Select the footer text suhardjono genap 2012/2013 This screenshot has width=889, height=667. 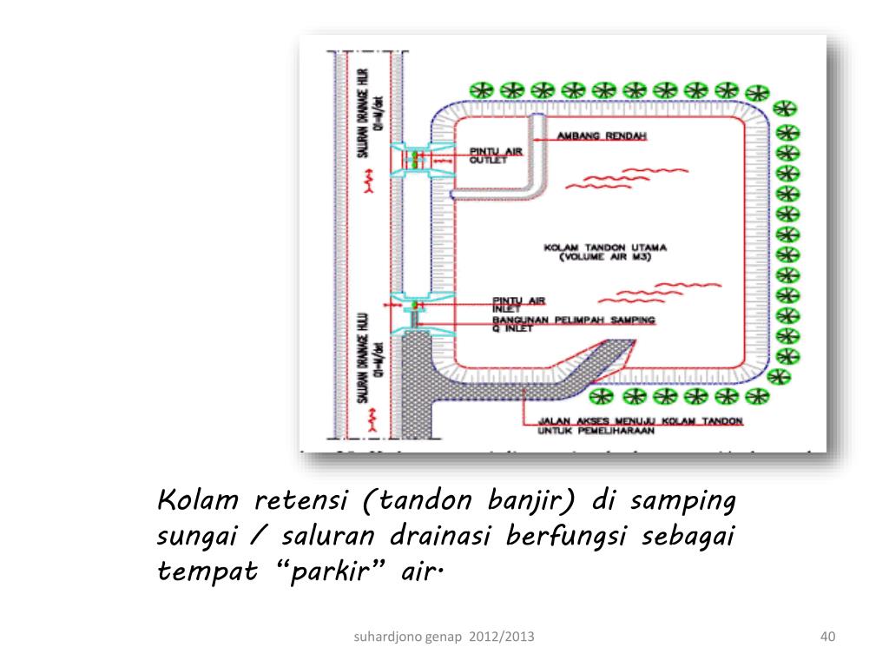click(x=444, y=638)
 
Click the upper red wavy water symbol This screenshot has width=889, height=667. click(x=608, y=177)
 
